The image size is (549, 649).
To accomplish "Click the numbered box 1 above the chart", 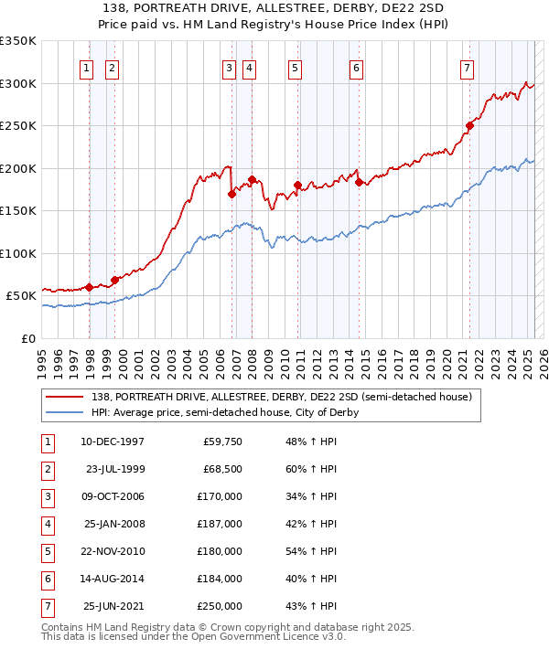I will click(x=86, y=67).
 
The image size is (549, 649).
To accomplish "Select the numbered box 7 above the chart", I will click(x=467, y=67).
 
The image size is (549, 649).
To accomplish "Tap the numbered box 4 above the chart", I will click(x=249, y=67).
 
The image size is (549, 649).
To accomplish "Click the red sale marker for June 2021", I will click(x=469, y=125).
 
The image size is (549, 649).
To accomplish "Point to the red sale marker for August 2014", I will click(x=359, y=181).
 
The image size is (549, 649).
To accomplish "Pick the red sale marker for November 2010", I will click(x=297, y=185).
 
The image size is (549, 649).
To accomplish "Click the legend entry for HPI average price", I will click(x=224, y=412).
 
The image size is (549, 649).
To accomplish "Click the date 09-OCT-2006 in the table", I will click(x=113, y=496).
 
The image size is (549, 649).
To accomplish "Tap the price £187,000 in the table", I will click(x=221, y=524).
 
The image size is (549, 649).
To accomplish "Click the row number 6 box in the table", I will click(x=47, y=579).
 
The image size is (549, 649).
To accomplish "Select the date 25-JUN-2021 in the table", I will click(x=113, y=606).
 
